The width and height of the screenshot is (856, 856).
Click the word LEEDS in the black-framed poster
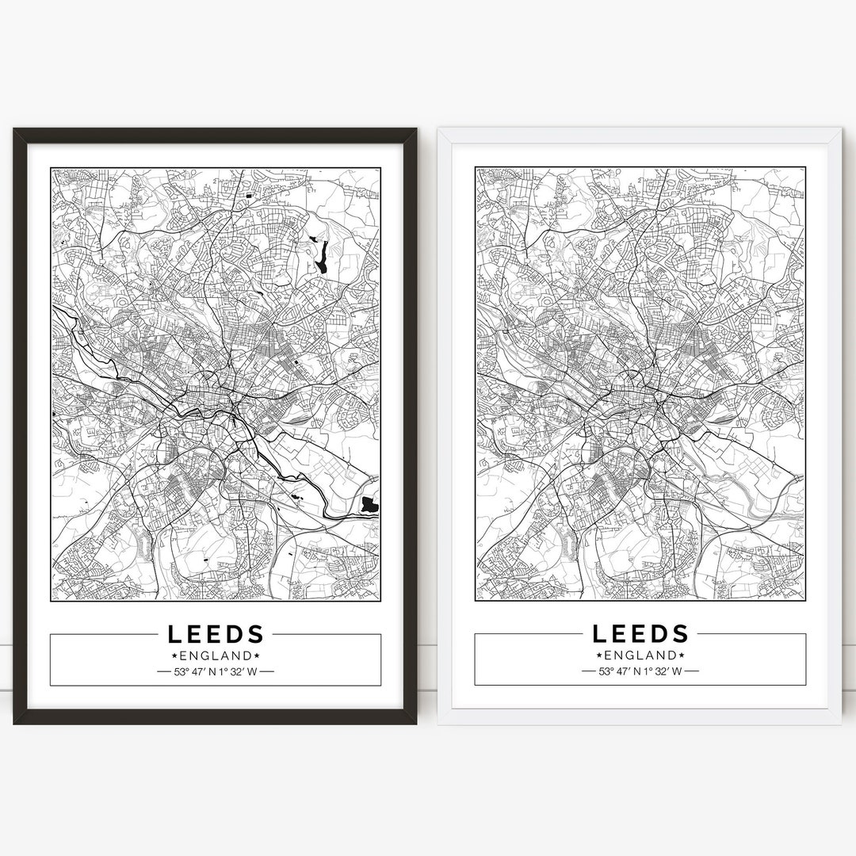(216, 634)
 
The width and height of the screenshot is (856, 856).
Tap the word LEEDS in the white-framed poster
(640, 634)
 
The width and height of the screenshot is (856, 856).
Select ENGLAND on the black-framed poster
(216, 655)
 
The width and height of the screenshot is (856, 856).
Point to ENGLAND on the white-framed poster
(640, 655)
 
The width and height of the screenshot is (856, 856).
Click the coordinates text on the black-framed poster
(216, 672)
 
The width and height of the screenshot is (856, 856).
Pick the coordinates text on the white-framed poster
(640, 672)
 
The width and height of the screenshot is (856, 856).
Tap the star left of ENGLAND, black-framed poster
(174, 655)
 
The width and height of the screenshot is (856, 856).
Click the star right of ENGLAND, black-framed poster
(257, 655)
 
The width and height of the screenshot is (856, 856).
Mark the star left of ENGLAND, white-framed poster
(599, 655)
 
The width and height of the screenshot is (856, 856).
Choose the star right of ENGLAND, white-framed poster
(682, 655)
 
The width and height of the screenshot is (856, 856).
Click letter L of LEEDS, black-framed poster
(174, 634)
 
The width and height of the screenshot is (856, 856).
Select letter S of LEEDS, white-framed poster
(680, 634)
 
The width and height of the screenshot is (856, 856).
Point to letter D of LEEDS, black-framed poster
(236, 634)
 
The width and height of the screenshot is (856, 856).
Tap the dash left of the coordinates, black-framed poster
(163, 672)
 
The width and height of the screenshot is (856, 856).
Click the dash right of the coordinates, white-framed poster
(692, 672)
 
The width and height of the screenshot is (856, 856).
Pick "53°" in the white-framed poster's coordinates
(607, 672)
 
